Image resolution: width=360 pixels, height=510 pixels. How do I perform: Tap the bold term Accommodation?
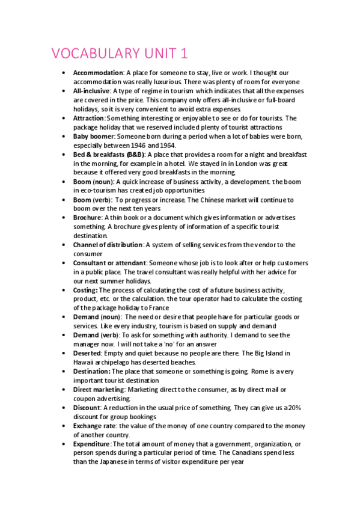pos(98,73)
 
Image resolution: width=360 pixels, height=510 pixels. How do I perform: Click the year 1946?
pos(136,145)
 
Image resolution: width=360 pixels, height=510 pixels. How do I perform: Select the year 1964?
pos(166,145)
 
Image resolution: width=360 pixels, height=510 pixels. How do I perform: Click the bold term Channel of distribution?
pos(108,245)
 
